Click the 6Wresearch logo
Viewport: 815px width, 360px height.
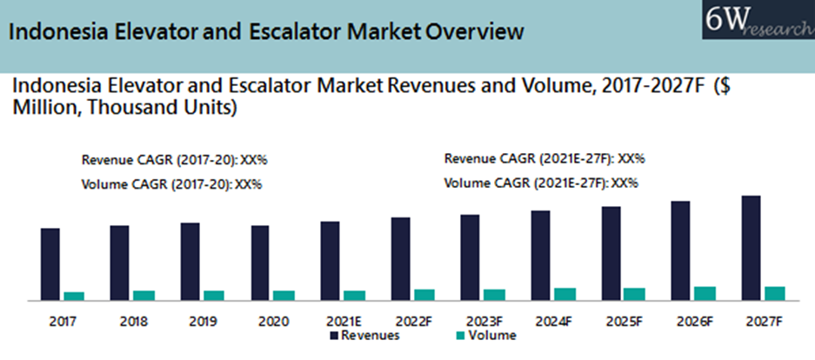tap(756, 19)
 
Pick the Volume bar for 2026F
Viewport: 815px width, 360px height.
tap(705, 293)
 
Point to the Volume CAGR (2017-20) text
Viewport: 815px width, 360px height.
tap(171, 184)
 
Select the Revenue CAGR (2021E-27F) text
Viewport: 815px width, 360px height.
tap(544, 159)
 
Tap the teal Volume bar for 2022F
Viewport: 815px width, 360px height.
tap(424, 295)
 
